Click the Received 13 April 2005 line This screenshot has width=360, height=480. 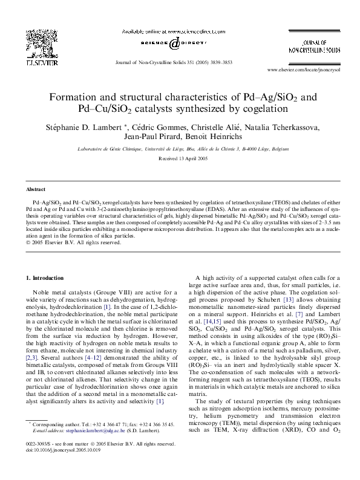[180, 158]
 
